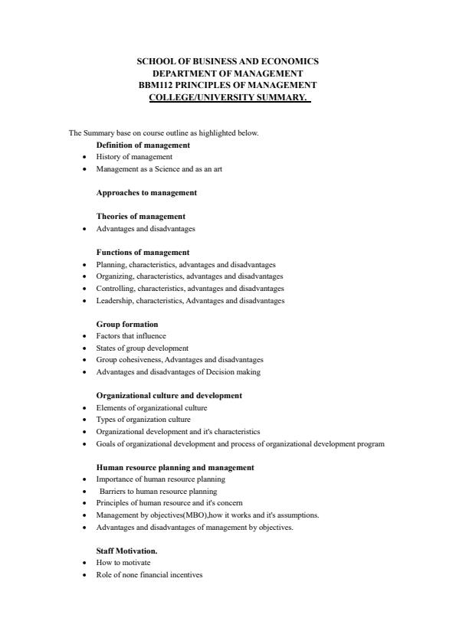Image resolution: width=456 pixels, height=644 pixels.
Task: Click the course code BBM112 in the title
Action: [153, 84]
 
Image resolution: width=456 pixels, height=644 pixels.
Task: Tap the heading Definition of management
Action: [143, 145]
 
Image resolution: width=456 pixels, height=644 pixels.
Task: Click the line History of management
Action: [129, 156]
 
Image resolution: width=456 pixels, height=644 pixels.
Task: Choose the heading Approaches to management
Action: [146, 192]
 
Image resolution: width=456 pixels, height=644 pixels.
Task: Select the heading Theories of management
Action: [141, 216]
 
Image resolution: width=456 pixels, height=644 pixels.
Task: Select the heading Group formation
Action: [127, 324]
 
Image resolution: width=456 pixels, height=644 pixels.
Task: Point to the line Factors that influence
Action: [131, 335]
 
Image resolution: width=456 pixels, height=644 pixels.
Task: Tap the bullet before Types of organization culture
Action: [84, 420]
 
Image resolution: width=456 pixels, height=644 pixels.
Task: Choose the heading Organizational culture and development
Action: [169, 396]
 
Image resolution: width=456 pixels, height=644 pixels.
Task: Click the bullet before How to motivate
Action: [84, 563]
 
